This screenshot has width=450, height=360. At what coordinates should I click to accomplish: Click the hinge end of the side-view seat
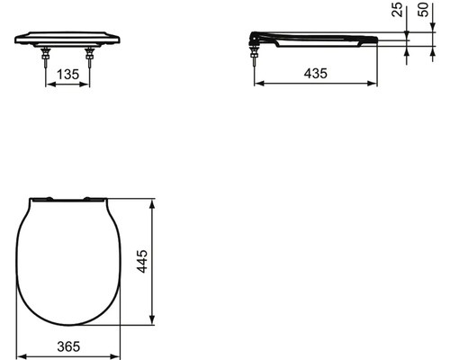pos(256,39)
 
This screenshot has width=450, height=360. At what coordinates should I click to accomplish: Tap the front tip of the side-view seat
pos(375,40)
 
